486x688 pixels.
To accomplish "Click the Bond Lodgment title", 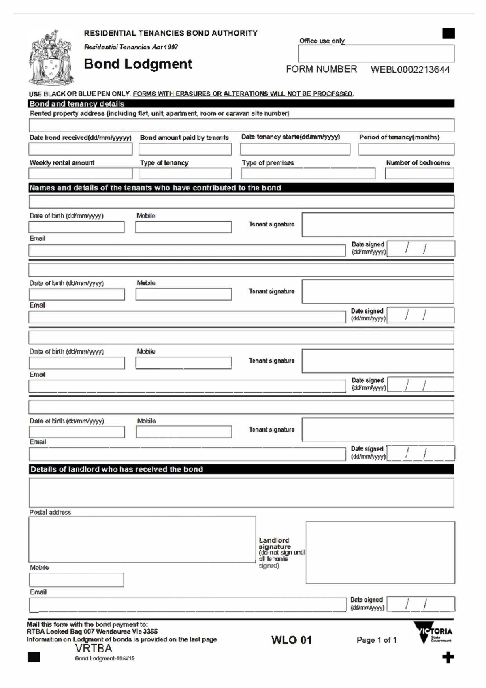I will click(138, 64).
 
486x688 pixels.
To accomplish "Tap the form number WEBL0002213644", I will click(410, 70).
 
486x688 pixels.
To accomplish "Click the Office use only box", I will click(376, 53).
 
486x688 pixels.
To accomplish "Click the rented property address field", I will click(241, 125).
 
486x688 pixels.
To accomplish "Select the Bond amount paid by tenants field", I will click(185, 150).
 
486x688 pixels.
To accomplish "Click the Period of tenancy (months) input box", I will click(406, 150).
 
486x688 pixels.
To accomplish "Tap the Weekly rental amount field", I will click(80, 174).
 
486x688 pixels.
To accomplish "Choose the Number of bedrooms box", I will click(419, 174).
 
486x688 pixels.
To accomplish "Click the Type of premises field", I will click(308, 174).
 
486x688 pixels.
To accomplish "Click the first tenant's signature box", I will click(377, 224).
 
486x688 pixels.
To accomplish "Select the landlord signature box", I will click(380, 552).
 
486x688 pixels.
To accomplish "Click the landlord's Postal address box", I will click(142, 539).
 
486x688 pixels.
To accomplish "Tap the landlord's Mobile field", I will click(76, 580).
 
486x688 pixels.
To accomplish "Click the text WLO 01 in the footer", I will click(291, 640).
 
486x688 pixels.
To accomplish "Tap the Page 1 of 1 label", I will click(376, 640).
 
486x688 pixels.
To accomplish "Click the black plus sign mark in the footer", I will click(448, 658).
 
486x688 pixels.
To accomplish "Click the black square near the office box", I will click(448, 34).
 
